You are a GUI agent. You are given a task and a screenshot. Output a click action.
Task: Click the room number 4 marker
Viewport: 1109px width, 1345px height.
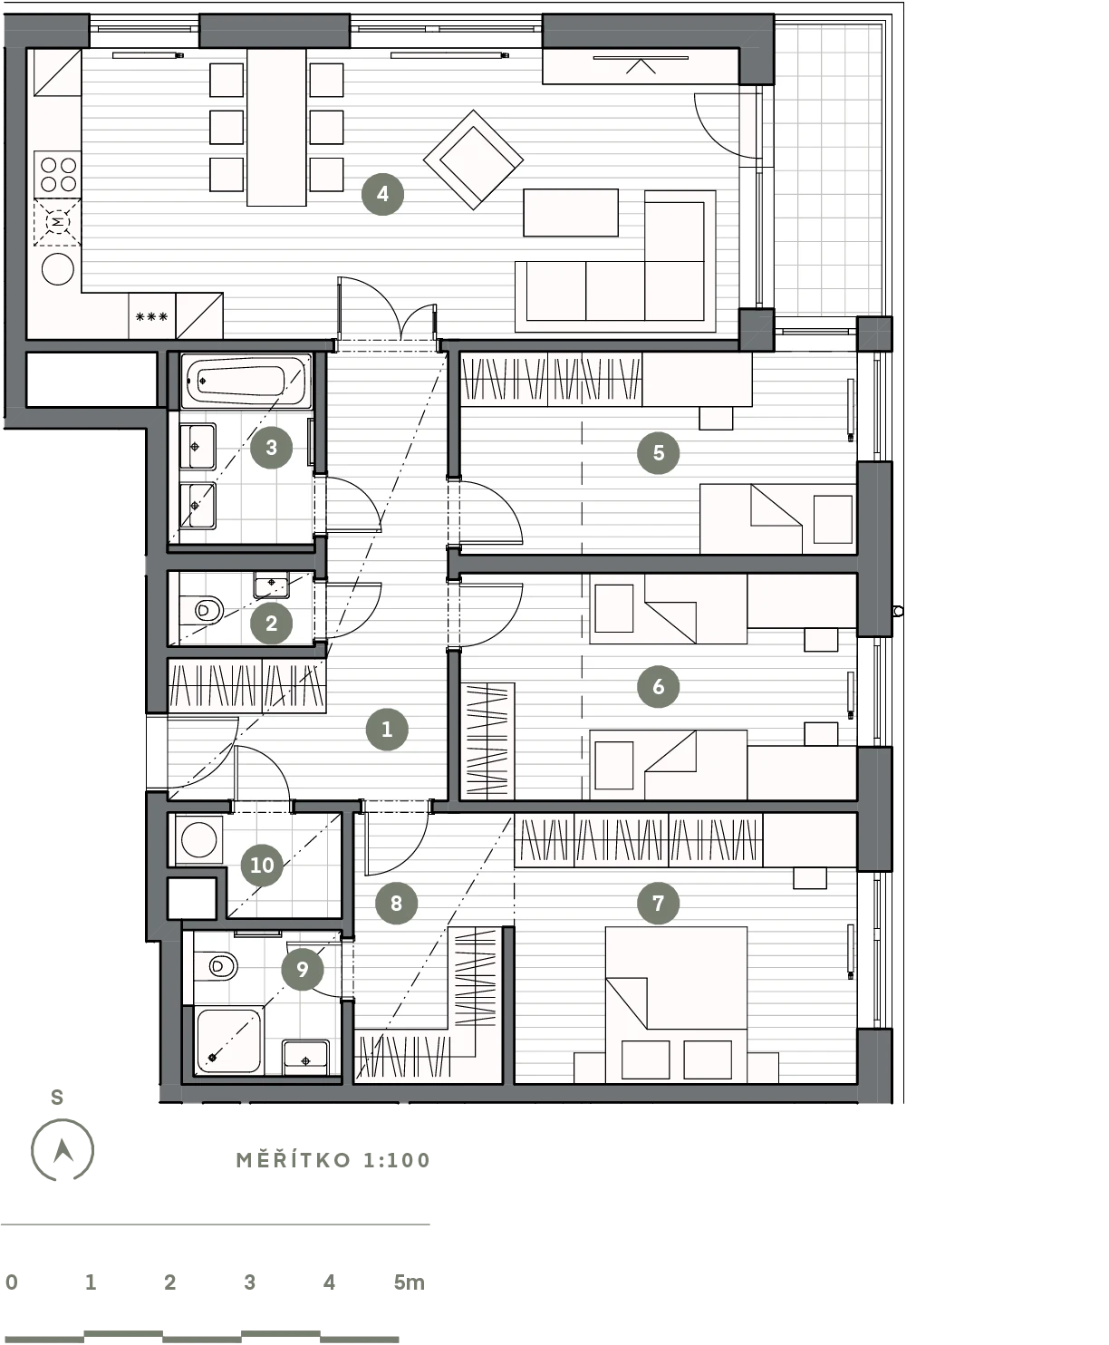pyautogui.click(x=382, y=194)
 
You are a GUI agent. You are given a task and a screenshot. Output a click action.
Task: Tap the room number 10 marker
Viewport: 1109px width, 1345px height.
pyautogui.click(x=262, y=866)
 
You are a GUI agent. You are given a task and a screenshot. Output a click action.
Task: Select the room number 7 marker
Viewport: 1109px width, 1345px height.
pyautogui.click(x=658, y=903)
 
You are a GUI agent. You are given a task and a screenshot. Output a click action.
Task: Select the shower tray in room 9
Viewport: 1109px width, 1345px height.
pyautogui.click(x=228, y=1041)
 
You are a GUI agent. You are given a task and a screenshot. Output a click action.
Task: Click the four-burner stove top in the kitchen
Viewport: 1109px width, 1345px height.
pyautogui.click(x=58, y=175)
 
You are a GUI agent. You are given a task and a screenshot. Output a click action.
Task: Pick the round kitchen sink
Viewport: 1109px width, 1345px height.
pyautogui.click(x=58, y=268)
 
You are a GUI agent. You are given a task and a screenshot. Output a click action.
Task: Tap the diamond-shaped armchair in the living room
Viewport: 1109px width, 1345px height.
pyautogui.click(x=473, y=160)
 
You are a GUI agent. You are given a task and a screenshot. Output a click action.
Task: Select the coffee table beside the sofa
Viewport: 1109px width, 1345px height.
pyautogui.click(x=571, y=213)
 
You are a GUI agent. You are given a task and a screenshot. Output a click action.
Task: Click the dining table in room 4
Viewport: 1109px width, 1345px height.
pyautogui.click(x=276, y=127)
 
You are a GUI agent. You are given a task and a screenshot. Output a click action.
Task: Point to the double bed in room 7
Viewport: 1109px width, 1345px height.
pyautogui.click(x=676, y=1004)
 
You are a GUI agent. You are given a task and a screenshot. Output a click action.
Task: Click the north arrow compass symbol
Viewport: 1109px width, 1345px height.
pyautogui.click(x=63, y=1150)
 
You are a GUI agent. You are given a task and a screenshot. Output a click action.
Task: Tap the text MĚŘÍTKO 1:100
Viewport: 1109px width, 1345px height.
pyautogui.click(x=333, y=1160)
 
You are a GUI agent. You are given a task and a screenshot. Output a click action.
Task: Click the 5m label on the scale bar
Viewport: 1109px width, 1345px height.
pyautogui.click(x=410, y=1282)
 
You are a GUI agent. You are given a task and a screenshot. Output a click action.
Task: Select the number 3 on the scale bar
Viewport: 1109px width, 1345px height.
pyautogui.click(x=250, y=1282)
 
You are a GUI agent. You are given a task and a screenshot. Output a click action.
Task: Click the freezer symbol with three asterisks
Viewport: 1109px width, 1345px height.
pyautogui.click(x=152, y=316)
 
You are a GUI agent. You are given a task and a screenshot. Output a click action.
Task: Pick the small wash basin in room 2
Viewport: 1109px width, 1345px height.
pyautogui.click(x=271, y=585)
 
